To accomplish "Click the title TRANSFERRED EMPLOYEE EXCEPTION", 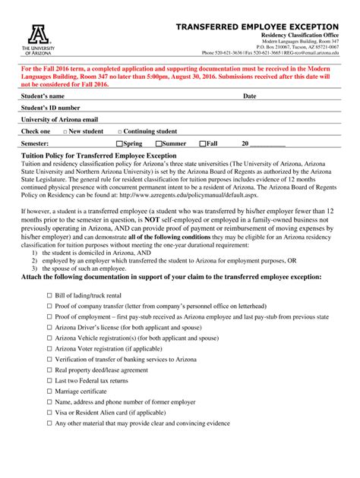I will [257, 27].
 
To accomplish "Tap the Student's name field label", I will [43, 97].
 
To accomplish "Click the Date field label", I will [249, 97].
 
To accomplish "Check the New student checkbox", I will [65, 131].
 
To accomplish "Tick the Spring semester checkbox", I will [118, 143].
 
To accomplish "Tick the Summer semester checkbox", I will [159, 143].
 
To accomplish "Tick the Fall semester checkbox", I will [203, 143].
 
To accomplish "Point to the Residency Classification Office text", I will [299, 36].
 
